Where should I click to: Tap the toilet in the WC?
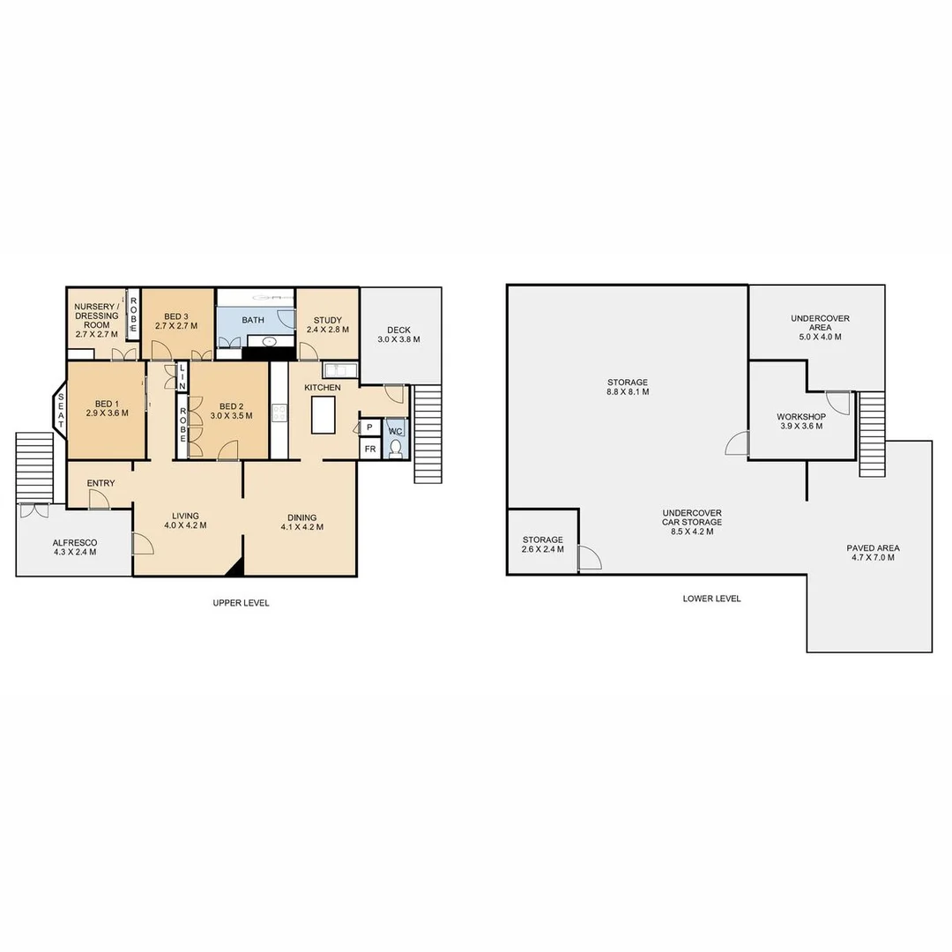[x=395, y=449]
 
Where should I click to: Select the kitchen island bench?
[x=324, y=414]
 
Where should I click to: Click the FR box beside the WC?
[x=369, y=449]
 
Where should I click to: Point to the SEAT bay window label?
[x=61, y=411]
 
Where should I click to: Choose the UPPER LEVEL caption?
[x=241, y=603]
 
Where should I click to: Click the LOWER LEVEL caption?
[x=711, y=599]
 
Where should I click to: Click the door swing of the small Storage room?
[x=589, y=557]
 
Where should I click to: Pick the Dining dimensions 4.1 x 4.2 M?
[x=301, y=527]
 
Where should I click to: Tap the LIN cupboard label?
[x=182, y=377]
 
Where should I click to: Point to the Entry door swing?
[x=99, y=500]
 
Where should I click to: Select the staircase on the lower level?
[x=871, y=433]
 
